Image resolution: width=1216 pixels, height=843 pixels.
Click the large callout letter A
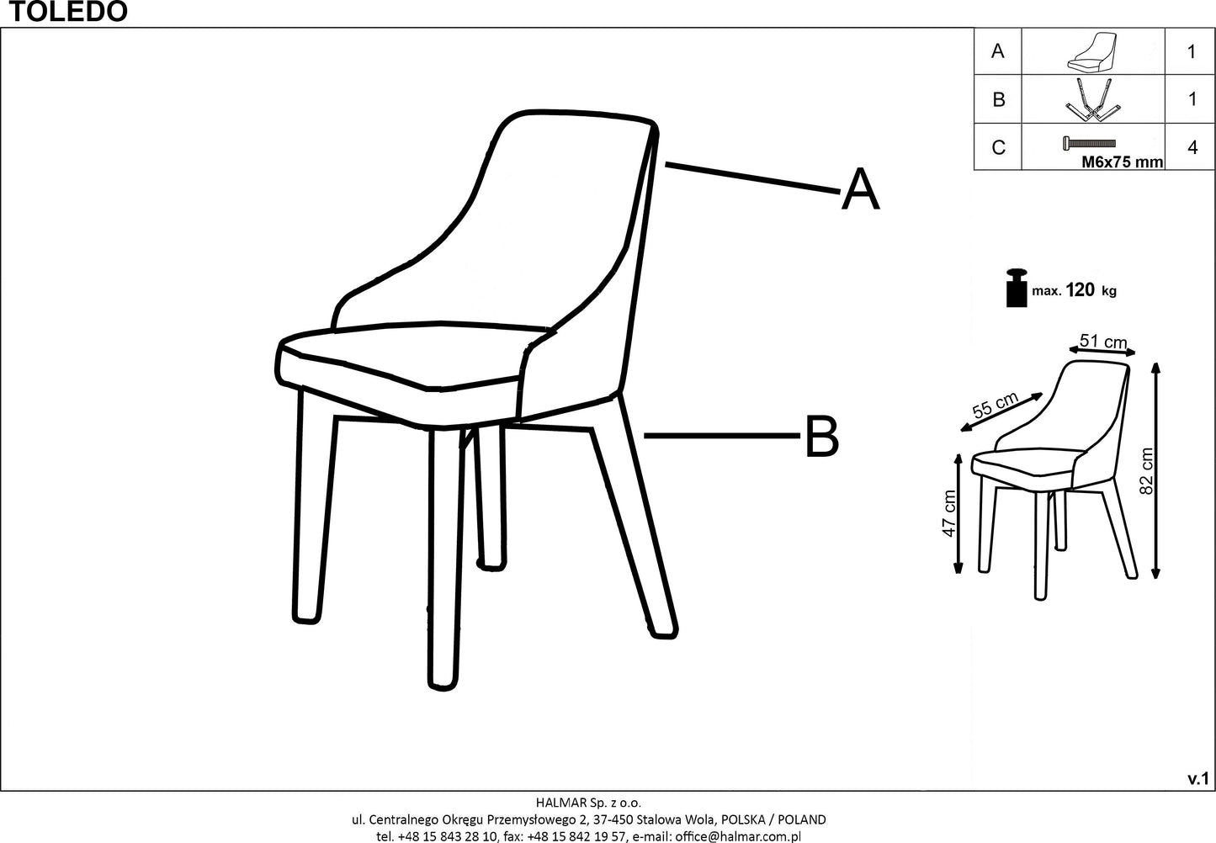860,190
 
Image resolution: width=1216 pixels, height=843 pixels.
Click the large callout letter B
821,437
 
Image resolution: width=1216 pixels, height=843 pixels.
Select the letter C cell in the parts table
998,148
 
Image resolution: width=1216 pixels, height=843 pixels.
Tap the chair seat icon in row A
1091,51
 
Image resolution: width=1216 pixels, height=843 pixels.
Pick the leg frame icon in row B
1091,100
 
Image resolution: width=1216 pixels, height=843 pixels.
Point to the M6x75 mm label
1121,162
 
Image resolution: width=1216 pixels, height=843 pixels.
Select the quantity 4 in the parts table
1192,148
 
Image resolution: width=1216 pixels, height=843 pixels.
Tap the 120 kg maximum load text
1091,291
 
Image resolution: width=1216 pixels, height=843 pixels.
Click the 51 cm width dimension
1103,342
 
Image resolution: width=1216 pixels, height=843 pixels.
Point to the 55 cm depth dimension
996,406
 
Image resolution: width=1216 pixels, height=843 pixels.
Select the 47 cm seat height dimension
949,513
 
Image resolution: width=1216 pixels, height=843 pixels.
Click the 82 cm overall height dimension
1146,471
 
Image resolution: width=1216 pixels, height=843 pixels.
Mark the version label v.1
1197,780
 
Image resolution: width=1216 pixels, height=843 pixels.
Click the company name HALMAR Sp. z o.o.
588,803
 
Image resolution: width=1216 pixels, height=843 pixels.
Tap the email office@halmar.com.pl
737,835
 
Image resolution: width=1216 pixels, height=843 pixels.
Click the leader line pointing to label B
720,436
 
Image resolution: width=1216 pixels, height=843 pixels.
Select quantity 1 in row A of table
1192,51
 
